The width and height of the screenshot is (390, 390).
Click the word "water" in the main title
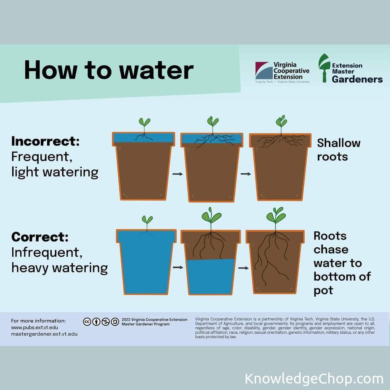[x=156, y=70]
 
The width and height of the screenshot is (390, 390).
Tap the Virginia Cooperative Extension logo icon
[x=264, y=71]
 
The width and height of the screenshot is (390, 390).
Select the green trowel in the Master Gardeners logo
[x=324, y=68]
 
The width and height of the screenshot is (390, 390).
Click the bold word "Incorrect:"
[x=45, y=141]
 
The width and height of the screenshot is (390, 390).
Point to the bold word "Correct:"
[x=40, y=237]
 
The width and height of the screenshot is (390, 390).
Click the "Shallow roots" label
[x=338, y=150]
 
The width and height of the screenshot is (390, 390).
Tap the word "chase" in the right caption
[x=331, y=250]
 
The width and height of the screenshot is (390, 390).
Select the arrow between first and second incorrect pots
[x=178, y=174]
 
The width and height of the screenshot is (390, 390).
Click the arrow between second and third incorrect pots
[x=246, y=174]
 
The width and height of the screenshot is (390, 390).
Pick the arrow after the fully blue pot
[x=178, y=267]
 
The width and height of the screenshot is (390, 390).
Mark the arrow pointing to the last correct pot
[x=243, y=268]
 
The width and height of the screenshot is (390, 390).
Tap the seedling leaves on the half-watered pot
[x=211, y=215]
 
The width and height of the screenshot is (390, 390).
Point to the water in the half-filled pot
[x=211, y=276]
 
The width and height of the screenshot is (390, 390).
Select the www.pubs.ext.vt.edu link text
[x=35, y=327]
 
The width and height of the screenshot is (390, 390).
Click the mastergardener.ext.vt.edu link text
[x=44, y=334]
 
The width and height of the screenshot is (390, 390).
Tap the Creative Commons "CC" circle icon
[x=87, y=322]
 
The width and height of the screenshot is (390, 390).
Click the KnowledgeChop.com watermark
[x=314, y=379]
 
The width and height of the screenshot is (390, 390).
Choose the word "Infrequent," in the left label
[x=47, y=253]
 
